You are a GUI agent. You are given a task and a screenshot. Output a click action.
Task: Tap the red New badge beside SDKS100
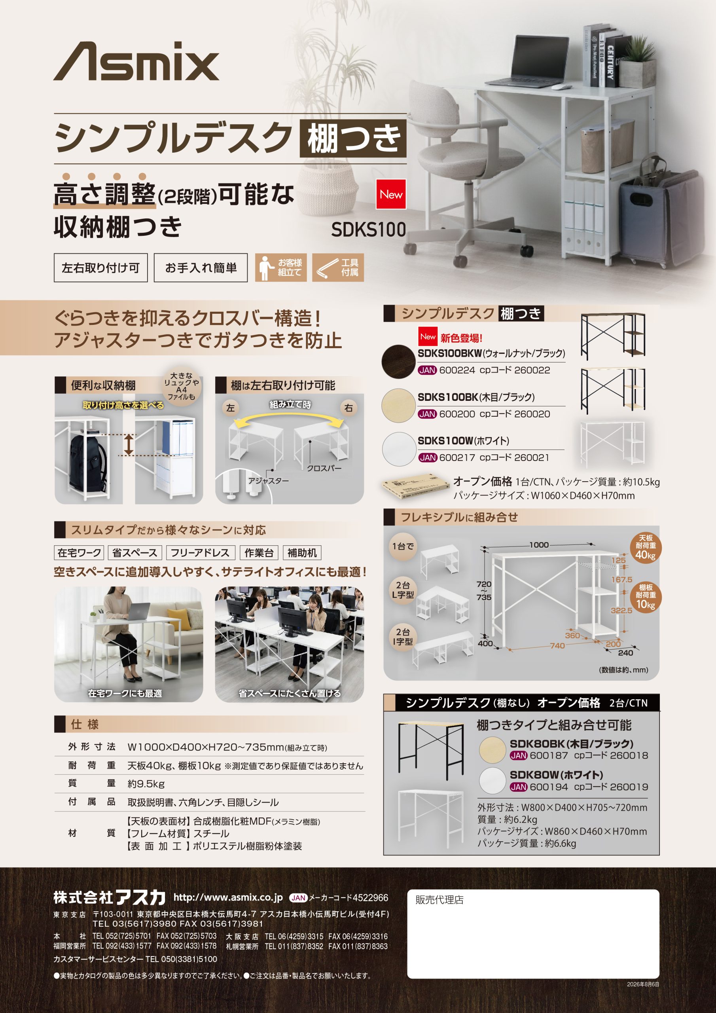[x=391, y=194]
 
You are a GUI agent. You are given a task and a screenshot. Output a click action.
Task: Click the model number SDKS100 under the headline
[x=368, y=230]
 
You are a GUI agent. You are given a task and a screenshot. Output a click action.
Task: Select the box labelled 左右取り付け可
[x=100, y=267]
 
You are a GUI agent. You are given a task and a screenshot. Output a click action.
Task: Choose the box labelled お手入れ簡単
[x=201, y=267]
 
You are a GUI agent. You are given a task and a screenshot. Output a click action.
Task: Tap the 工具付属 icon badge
[x=338, y=267]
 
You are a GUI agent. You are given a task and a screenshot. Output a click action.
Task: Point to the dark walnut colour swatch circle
[x=398, y=361]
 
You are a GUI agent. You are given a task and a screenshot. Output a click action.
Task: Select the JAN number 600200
[x=457, y=414]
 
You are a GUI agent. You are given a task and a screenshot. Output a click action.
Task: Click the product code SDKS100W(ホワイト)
[x=463, y=440]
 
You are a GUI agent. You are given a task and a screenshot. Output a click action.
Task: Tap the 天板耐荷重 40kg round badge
[x=646, y=548]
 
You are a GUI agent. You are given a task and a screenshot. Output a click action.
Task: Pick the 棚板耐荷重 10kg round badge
[x=646, y=598]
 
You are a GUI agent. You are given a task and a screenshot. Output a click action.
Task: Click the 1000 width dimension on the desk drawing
[x=539, y=545]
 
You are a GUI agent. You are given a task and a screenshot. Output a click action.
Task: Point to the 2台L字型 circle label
[x=403, y=590]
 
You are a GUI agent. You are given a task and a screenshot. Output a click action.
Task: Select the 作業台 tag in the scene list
[x=259, y=553]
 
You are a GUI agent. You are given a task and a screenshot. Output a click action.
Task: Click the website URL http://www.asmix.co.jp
[x=228, y=897]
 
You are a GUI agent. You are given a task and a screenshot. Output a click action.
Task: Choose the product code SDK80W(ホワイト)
[x=556, y=775]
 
